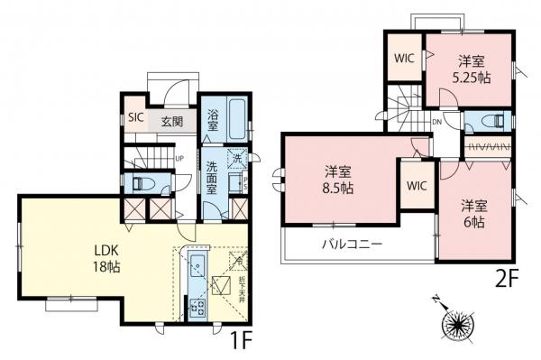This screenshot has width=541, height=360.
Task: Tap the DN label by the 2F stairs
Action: coord(436,120)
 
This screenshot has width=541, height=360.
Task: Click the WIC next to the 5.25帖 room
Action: coord(403,55)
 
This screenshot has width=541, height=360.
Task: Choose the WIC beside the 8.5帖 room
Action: coord(417,185)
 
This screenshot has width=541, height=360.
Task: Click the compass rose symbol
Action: coord(455,323)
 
